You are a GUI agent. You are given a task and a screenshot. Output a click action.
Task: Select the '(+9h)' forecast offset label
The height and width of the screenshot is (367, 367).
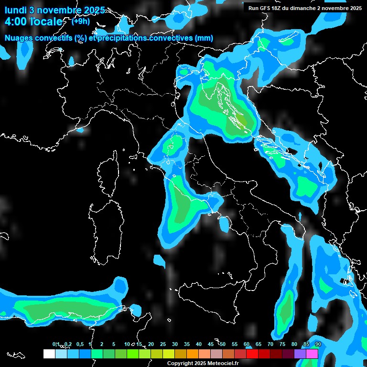coord(81,21)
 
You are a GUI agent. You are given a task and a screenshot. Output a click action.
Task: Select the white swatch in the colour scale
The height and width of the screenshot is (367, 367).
coord(49,354)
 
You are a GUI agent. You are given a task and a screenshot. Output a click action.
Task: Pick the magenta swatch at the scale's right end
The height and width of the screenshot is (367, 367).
coord(312,354)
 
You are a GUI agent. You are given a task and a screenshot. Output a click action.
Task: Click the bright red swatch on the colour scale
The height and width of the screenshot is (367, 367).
coord(252,354)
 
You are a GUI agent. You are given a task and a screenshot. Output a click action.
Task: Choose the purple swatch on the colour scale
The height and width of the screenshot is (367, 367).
coord(300,354)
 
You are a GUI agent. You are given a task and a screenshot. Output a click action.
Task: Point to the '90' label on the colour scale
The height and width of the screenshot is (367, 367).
coord(318,344)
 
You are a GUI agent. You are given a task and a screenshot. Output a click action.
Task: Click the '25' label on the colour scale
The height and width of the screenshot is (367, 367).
coord(163,344)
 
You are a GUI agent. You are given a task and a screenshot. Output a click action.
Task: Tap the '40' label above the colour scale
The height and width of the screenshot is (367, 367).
coord(199,344)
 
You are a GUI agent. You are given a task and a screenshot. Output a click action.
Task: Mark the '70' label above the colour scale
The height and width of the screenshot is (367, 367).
coord(270,344)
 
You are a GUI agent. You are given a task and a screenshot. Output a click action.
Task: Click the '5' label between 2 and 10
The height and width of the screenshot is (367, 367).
coord(114,344)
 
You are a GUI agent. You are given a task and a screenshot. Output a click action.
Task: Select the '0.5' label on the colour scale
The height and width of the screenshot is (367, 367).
coord(79,344)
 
